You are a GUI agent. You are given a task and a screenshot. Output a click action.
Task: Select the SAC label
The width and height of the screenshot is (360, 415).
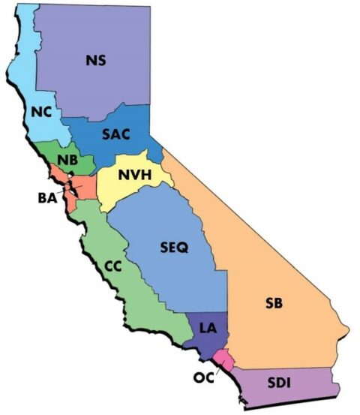coord(116,134)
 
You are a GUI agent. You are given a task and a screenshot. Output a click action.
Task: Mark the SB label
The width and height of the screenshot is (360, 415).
coord(274,304)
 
